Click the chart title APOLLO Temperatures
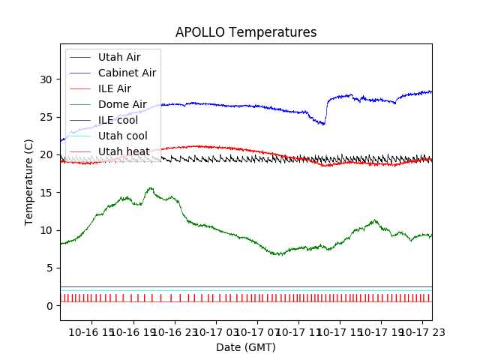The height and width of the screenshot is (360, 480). coord(246,32)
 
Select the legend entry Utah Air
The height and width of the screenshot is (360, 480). coord(118,57)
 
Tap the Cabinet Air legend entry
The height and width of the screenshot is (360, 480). coord(127,73)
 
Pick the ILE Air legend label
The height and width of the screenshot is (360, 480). coord(114,88)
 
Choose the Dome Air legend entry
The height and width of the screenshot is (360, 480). coord(122,104)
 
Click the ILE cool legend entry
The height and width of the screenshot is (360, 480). coord(118,120)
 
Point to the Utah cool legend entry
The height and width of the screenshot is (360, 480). coord(123,136)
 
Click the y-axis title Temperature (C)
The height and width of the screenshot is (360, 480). coord(29,182)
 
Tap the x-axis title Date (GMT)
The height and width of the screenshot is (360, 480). coord(246,347)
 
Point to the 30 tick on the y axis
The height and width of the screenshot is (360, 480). coord(46,79)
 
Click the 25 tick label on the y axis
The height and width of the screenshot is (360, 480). coord(46,117)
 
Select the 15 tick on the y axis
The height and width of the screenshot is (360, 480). coord(46,193)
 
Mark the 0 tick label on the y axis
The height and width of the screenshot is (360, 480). coord(49,306)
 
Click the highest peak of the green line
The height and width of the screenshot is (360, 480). coord(151,188)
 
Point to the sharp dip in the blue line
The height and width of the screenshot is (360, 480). coord(324,124)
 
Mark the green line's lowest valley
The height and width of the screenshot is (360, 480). coord(279,255)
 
